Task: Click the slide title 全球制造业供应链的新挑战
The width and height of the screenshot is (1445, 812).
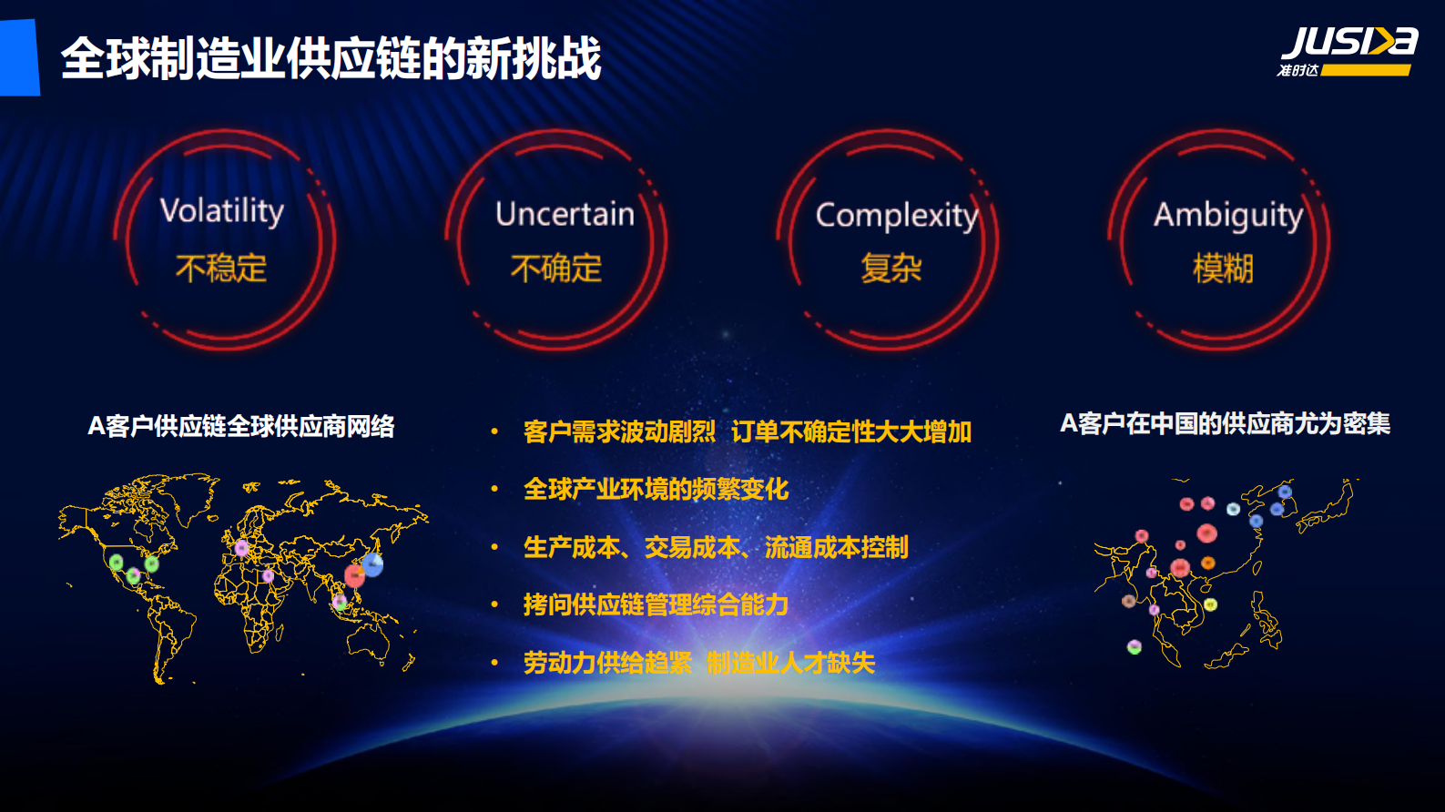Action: click(331, 59)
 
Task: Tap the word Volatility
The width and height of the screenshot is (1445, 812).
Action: click(222, 211)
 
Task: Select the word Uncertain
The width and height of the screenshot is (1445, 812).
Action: click(565, 214)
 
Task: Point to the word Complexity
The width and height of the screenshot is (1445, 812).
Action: click(897, 216)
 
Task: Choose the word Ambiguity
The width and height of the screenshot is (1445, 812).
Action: click(1228, 216)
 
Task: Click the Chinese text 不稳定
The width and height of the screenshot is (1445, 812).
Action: click(221, 269)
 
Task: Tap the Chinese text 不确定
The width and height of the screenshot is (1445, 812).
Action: click(556, 269)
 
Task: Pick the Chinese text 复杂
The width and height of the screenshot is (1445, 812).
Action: click(891, 269)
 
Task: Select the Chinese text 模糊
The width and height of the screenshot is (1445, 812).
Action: click(1223, 269)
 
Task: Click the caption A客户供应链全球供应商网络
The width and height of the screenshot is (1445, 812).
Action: click(241, 426)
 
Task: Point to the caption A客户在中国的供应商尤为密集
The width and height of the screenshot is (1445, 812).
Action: click(1225, 423)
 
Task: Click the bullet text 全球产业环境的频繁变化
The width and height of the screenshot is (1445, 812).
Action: click(656, 490)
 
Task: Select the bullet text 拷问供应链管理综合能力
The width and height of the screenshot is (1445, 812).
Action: click(656, 605)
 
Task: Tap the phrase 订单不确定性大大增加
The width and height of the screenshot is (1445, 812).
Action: click(851, 431)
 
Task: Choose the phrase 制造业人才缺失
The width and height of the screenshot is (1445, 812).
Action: click(790, 663)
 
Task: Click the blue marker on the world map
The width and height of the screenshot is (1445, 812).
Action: click(372, 565)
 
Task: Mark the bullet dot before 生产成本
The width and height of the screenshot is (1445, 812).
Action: click(494, 547)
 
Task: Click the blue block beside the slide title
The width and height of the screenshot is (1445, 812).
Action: click(19, 57)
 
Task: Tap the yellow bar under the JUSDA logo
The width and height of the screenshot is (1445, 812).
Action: click(1365, 70)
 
